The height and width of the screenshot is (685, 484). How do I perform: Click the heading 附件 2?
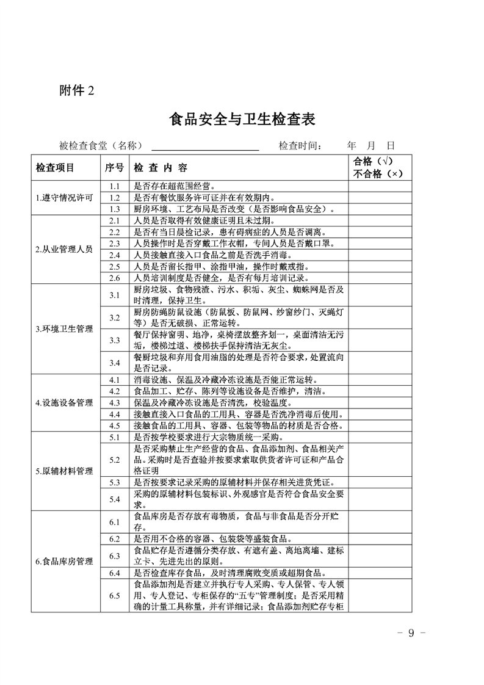coord(77,91)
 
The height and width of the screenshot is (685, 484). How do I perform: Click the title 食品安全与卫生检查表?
coord(242,119)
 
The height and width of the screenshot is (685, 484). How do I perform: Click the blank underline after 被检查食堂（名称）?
coord(205,146)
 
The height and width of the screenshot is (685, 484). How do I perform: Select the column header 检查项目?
coord(55,167)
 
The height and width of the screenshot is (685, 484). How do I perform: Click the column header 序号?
coord(114,167)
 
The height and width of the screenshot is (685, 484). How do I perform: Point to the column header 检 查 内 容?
coord(161,167)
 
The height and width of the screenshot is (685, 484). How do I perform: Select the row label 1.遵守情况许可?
coord(64,198)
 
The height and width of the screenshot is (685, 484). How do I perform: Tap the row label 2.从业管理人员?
coord(64,249)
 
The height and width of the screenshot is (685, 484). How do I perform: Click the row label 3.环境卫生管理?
coord(64,329)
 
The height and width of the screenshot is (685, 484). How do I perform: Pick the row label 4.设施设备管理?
coord(64,403)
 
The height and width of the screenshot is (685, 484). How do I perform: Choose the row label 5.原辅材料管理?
coord(64,471)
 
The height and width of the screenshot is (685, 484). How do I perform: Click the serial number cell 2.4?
coord(114,255)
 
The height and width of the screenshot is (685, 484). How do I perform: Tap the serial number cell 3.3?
coord(114,340)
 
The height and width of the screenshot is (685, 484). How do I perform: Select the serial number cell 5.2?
coord(114,460)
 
